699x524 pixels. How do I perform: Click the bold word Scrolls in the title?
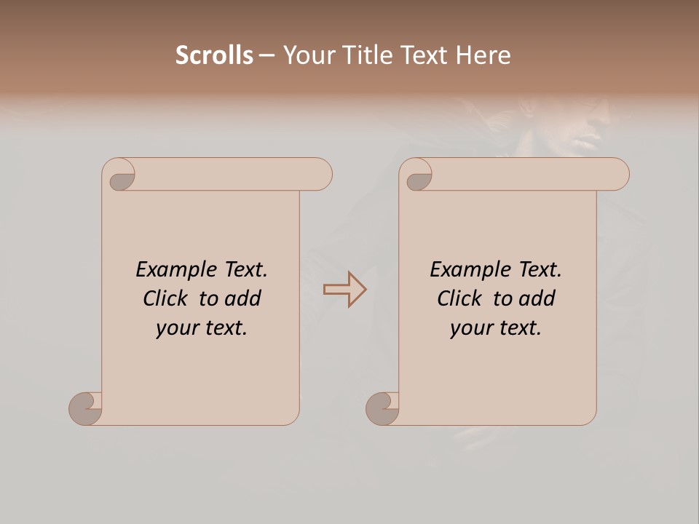click(214, 55)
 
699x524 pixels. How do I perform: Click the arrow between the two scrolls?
click(344, 290)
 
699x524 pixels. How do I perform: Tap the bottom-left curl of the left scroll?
click(85, 408)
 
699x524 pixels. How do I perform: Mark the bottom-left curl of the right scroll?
click(382, 408)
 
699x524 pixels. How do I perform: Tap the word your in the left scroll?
click(175, 328)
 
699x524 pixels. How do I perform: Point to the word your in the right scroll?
click(470, 328)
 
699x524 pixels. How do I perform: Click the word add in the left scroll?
click(243, 298)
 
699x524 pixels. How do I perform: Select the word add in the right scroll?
click(537, 298)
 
